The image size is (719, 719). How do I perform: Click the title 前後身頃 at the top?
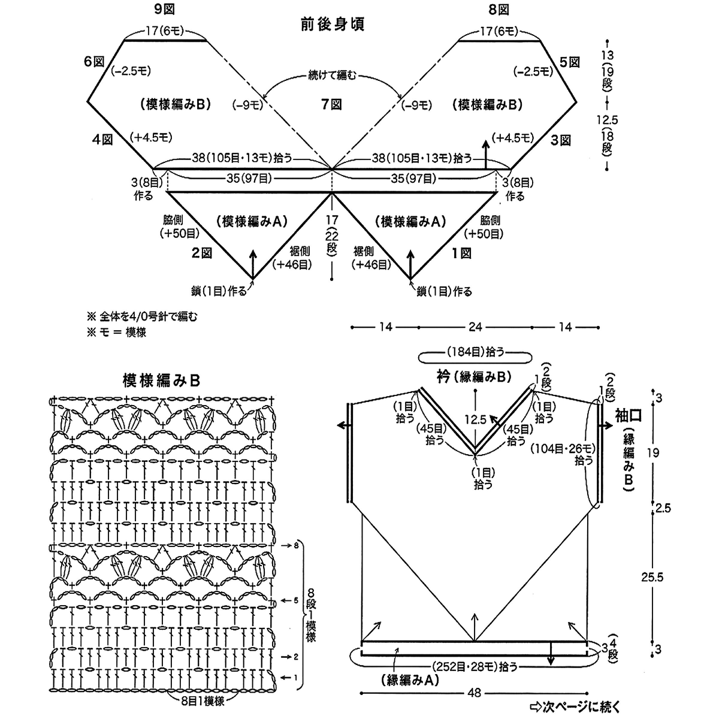(333, 25)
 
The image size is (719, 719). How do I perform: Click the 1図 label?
(461, 253)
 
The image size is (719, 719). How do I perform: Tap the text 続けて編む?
(333, 75)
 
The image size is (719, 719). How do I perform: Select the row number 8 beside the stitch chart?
(296, 546)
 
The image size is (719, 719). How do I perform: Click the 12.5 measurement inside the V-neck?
(475, 420)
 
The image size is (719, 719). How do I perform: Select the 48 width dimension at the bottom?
(475, 693)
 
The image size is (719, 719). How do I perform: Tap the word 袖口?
(629, 415)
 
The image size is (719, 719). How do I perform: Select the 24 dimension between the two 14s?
(475, 327)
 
